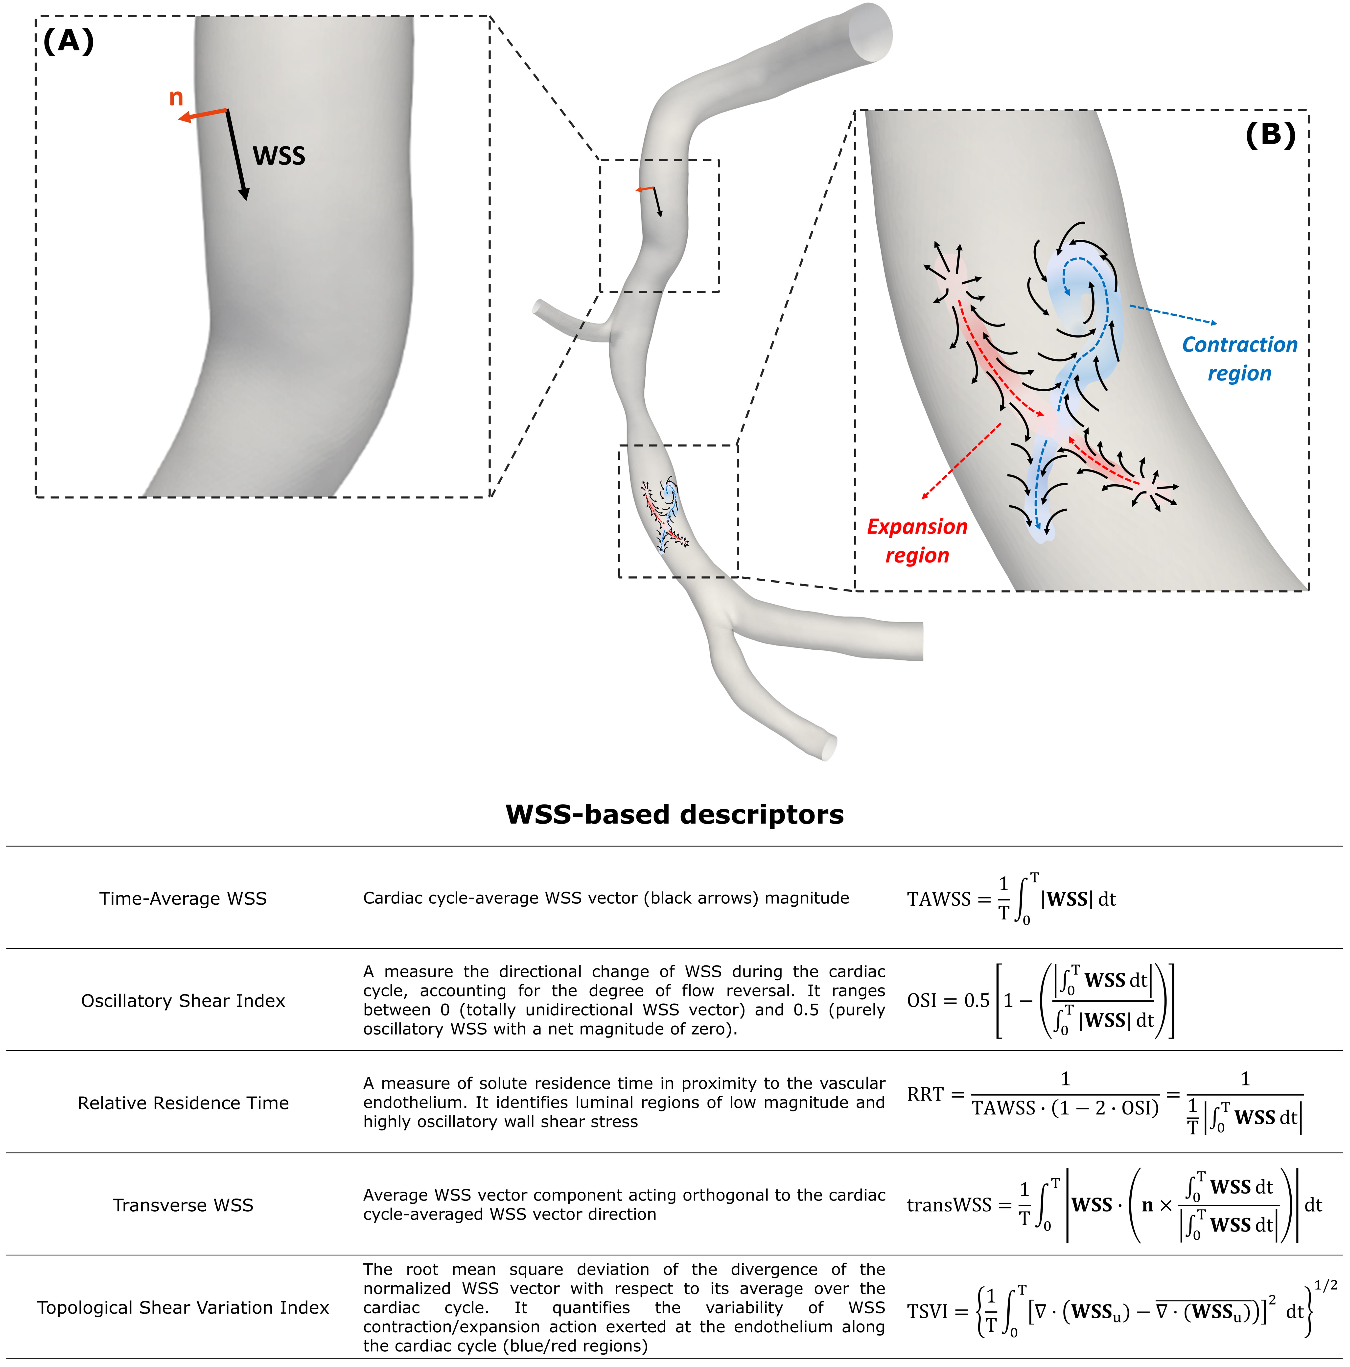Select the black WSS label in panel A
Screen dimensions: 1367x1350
[x=279, y=156]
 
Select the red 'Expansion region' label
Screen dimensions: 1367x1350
[x=917, y=541]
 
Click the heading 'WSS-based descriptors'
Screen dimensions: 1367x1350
[x=674, y=814]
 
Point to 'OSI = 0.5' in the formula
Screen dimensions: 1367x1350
[x=948, y=1000]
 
